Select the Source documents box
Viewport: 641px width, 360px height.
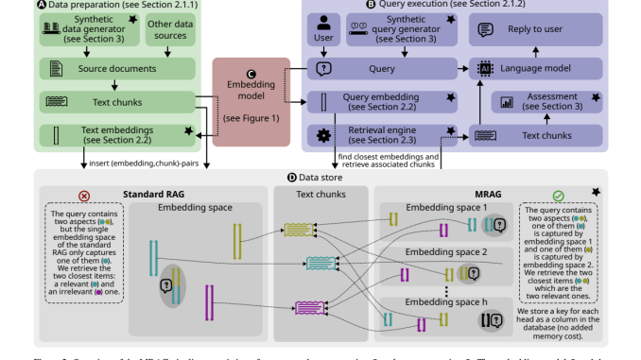(117, 69)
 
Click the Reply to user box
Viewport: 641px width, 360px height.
(537, 30)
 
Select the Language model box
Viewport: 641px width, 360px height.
(537, 69)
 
